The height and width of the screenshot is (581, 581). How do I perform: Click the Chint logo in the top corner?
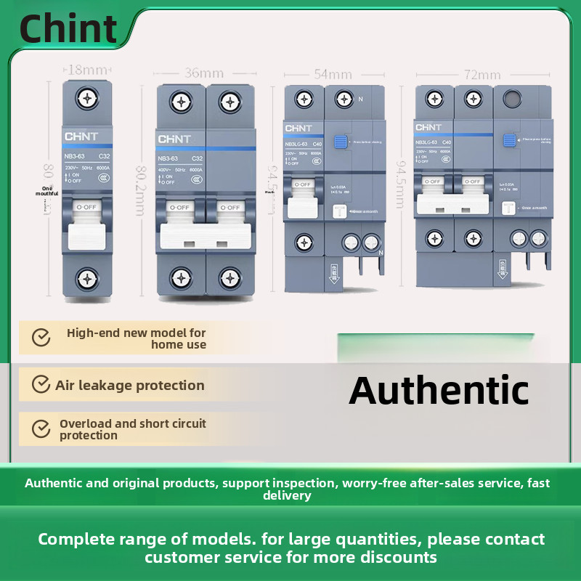pos(68,28)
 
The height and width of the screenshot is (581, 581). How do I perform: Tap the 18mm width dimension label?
pos(86,70)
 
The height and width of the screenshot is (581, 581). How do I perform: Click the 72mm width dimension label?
pos(482,74)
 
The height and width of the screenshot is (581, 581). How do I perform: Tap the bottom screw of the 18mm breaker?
pos(87,278)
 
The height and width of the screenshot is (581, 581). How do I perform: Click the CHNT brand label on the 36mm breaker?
pos(174,139)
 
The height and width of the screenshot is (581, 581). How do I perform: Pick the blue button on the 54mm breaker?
pos(338,143)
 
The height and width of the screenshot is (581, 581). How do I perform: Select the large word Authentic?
pos(439,390)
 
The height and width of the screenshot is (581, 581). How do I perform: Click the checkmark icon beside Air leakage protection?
pos(41,384)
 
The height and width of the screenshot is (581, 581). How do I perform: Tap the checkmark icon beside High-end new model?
pos(41,338)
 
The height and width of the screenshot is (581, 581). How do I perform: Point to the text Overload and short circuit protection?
pos(132,429)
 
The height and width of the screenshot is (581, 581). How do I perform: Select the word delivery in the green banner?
pos(287,496)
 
